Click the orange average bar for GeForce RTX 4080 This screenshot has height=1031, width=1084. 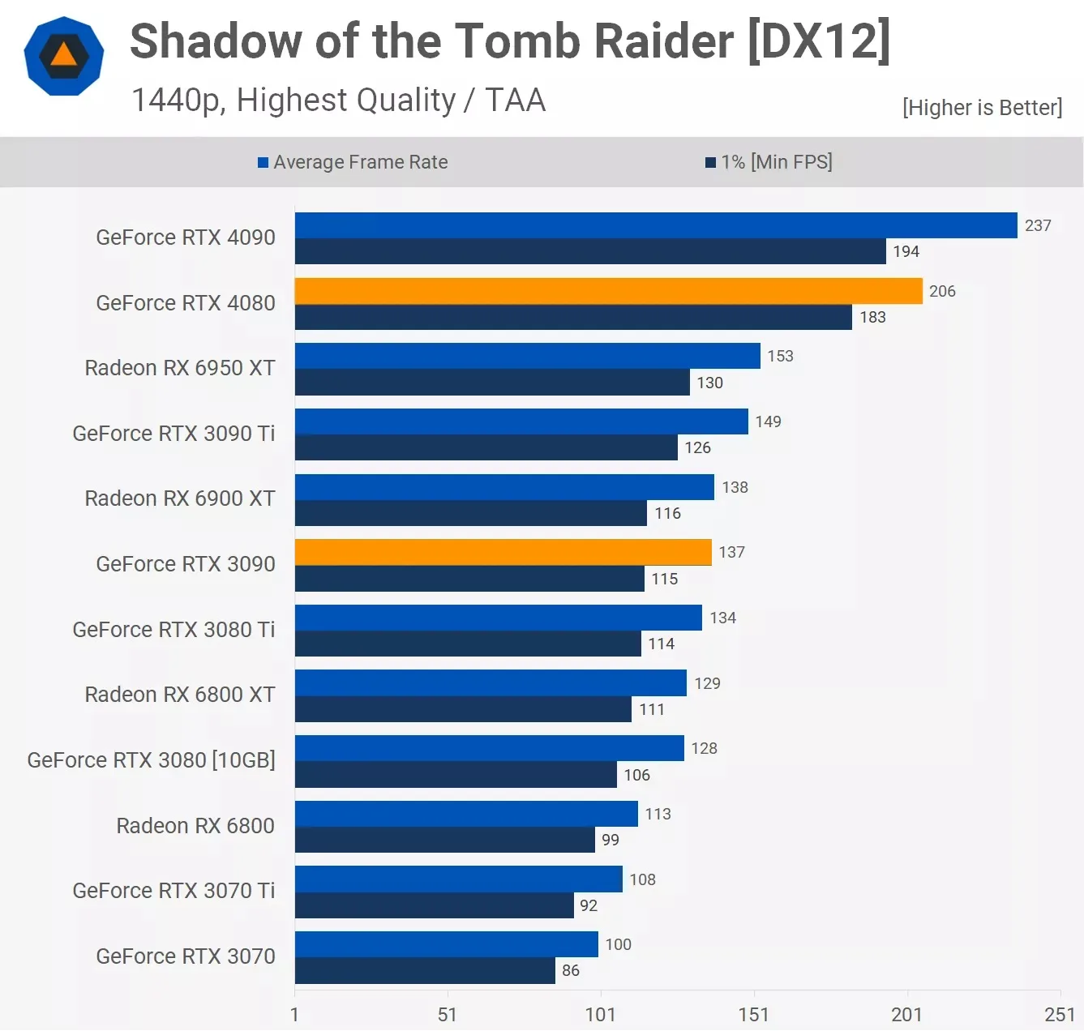coord(608,291)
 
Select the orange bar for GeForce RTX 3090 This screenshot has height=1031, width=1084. coord(503,552)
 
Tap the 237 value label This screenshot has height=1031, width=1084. coord(1038,225)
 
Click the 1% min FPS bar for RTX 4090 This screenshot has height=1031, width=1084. coord(590,251)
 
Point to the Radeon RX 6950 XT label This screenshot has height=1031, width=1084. coord(180,368)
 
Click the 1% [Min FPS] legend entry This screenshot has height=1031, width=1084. coord(769,162)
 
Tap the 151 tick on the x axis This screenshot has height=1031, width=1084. coord(753,1014)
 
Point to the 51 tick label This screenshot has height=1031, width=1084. coord(447,1014)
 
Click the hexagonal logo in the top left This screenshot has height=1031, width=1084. coord(64,56)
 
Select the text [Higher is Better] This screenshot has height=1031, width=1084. coord(982,108)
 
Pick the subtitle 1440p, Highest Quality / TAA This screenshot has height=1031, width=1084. coord(338,101)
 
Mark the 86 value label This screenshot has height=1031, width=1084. coord(571,970)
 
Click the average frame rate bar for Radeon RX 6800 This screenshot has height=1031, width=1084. coord(466,814)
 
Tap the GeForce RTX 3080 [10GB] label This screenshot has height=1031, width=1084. coord(151,760)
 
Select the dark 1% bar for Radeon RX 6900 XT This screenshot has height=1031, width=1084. coord(470,513)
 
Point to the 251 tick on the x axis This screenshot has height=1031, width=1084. coord(1059,1014)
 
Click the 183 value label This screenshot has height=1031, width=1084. coord(872,317)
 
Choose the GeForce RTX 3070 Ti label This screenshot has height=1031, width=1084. coord(174,891)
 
